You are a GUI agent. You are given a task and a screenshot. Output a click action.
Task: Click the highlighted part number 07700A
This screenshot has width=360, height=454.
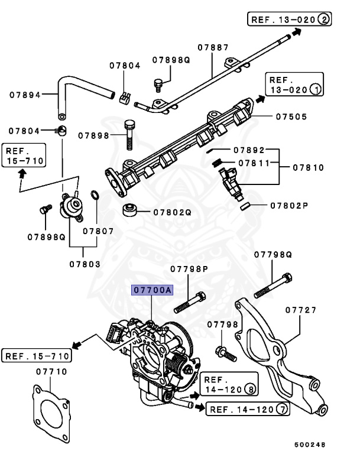(x=153, y=290)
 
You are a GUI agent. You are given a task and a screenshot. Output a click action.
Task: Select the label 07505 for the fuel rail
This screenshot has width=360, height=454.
(x=291, y=116)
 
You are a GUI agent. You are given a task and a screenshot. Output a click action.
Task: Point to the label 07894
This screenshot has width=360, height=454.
(x=25, y=94)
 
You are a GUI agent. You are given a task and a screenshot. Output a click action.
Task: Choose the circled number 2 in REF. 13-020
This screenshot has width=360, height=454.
(x=323, y=20)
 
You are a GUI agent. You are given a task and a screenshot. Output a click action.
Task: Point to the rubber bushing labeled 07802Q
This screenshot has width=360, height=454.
(x=131, y=211)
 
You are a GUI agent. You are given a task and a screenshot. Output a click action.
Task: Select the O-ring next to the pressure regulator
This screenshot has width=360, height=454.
(x=94, y=196)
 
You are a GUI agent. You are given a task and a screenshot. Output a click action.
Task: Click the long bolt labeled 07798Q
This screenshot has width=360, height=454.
(x=273, y=285)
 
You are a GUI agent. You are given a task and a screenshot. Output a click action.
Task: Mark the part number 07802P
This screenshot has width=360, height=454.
(x=290, y=206)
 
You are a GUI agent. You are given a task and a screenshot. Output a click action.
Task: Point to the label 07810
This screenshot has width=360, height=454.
(x=308, y=167)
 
